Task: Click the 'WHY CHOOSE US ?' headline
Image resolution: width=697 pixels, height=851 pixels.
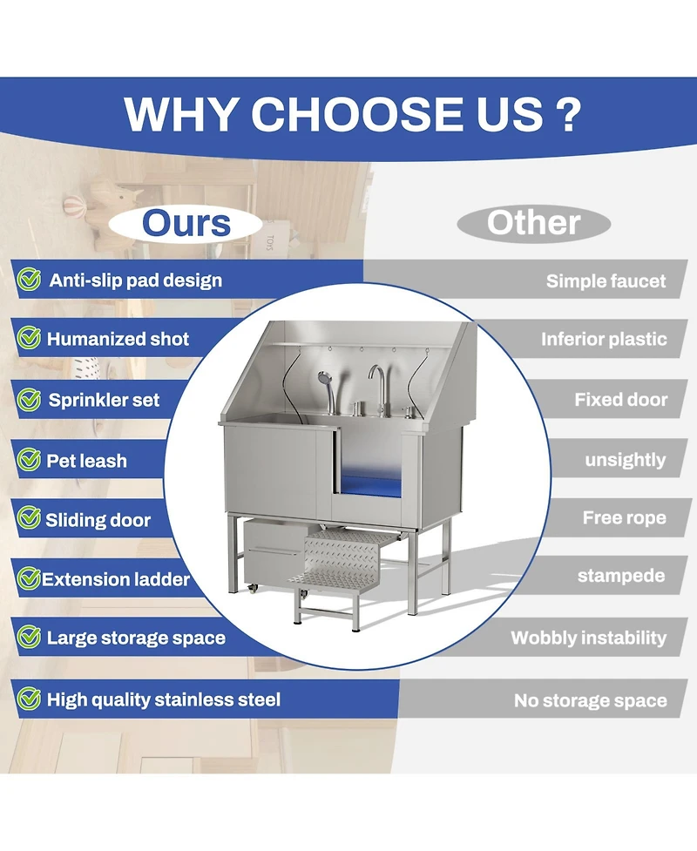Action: [x=352, y=114]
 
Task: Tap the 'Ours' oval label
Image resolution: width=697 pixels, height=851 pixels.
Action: [x=186, y=223]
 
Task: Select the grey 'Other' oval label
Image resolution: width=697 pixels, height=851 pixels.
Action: [x=533, y=223]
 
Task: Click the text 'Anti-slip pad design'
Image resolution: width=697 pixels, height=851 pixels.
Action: [x=136, y=280]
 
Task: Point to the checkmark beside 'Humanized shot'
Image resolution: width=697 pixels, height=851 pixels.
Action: [x=29, y=338]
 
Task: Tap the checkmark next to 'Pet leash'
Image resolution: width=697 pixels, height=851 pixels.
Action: [x=29, y=460]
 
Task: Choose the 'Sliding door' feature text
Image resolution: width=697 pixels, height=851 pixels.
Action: [x=98, y=520]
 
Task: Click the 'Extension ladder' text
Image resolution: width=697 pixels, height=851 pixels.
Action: [x=116, y=579]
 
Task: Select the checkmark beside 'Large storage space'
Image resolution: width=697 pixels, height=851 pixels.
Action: [x=29, y=638]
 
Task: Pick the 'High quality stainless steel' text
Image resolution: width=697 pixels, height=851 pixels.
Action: [x=164, y=699]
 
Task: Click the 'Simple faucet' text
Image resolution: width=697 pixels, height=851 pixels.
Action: [x=606, y=280]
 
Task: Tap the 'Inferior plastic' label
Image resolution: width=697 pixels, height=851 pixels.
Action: [x=604, y=339]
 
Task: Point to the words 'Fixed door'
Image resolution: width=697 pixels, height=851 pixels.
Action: [x=621, y=400]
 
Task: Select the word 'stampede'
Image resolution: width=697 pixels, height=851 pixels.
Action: [x=621, y=575]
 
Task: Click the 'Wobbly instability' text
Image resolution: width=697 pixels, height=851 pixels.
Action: [x=588, y=638]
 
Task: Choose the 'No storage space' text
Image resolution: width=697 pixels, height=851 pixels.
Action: [x=591, y=700]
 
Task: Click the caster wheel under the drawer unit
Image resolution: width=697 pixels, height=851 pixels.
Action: [x=252, y=588]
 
